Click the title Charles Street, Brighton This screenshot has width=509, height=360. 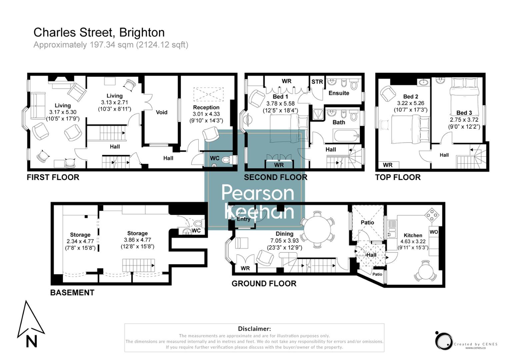99,33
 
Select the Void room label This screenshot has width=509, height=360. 161,112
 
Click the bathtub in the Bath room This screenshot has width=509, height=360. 346,136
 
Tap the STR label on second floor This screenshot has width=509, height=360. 317,82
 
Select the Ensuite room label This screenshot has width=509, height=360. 339,93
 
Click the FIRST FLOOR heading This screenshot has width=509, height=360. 53,177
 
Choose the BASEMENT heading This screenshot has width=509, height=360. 72,293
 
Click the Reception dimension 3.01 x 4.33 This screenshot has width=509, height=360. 206,114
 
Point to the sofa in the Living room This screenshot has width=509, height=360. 38,105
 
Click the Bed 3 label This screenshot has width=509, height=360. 464,113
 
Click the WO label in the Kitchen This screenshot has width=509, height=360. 434,232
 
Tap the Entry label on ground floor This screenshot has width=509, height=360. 243,219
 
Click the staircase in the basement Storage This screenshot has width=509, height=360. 138,265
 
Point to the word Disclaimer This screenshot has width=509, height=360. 254,329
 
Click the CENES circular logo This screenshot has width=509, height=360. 443,341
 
